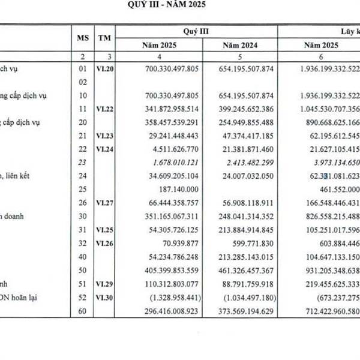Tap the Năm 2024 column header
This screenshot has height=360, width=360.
pyautogui.click(x=241, y=46)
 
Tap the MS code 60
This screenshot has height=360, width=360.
pyautogui.click(x=82, y=312)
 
